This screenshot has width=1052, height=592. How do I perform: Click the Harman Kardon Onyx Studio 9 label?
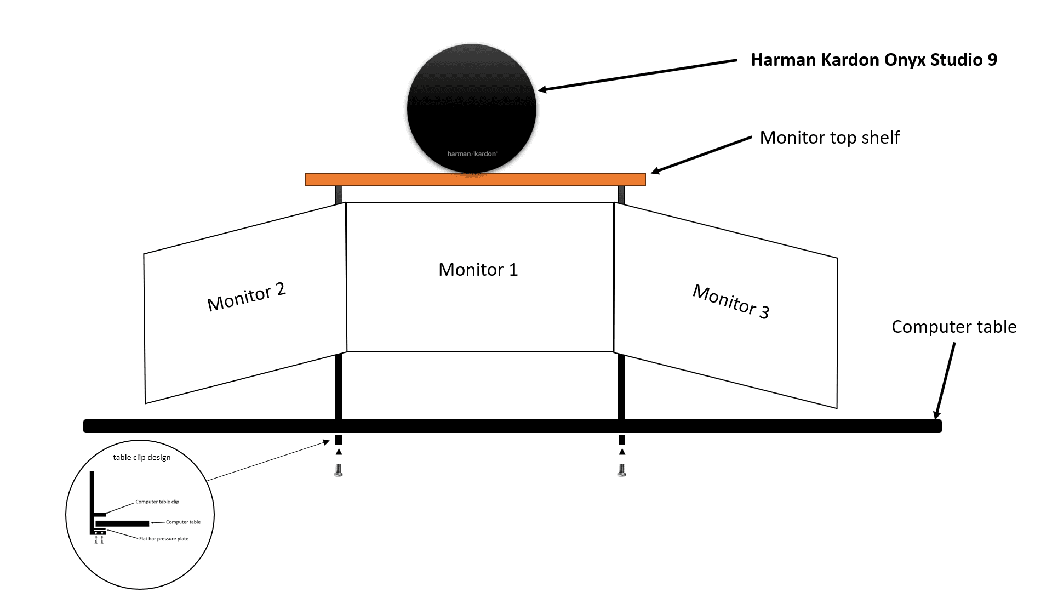(873, 60)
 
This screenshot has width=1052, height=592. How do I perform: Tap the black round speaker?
(471, 104)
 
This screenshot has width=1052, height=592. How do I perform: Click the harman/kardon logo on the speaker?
(472, 154)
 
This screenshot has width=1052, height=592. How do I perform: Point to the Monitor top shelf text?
(829, 138)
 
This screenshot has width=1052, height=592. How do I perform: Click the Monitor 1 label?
(478, 270)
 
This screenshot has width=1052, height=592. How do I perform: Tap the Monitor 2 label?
(247, 297)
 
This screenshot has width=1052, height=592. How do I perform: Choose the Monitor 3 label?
(731, 301)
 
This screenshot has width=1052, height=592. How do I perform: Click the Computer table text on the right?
(953, 327)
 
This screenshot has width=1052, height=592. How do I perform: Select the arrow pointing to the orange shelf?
(701, 155)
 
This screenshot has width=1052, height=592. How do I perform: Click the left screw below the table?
(338, 470)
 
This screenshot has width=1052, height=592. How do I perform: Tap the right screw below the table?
(621, 470)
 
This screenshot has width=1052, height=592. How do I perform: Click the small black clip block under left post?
(338, 440)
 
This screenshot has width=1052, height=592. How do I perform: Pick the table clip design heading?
(141, 457)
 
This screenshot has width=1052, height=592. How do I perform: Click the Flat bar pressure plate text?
(163, 539)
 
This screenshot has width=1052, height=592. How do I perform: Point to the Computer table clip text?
(157, 502)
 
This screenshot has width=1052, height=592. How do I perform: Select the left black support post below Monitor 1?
(339, 386)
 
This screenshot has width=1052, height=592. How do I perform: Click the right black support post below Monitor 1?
(621, 387)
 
